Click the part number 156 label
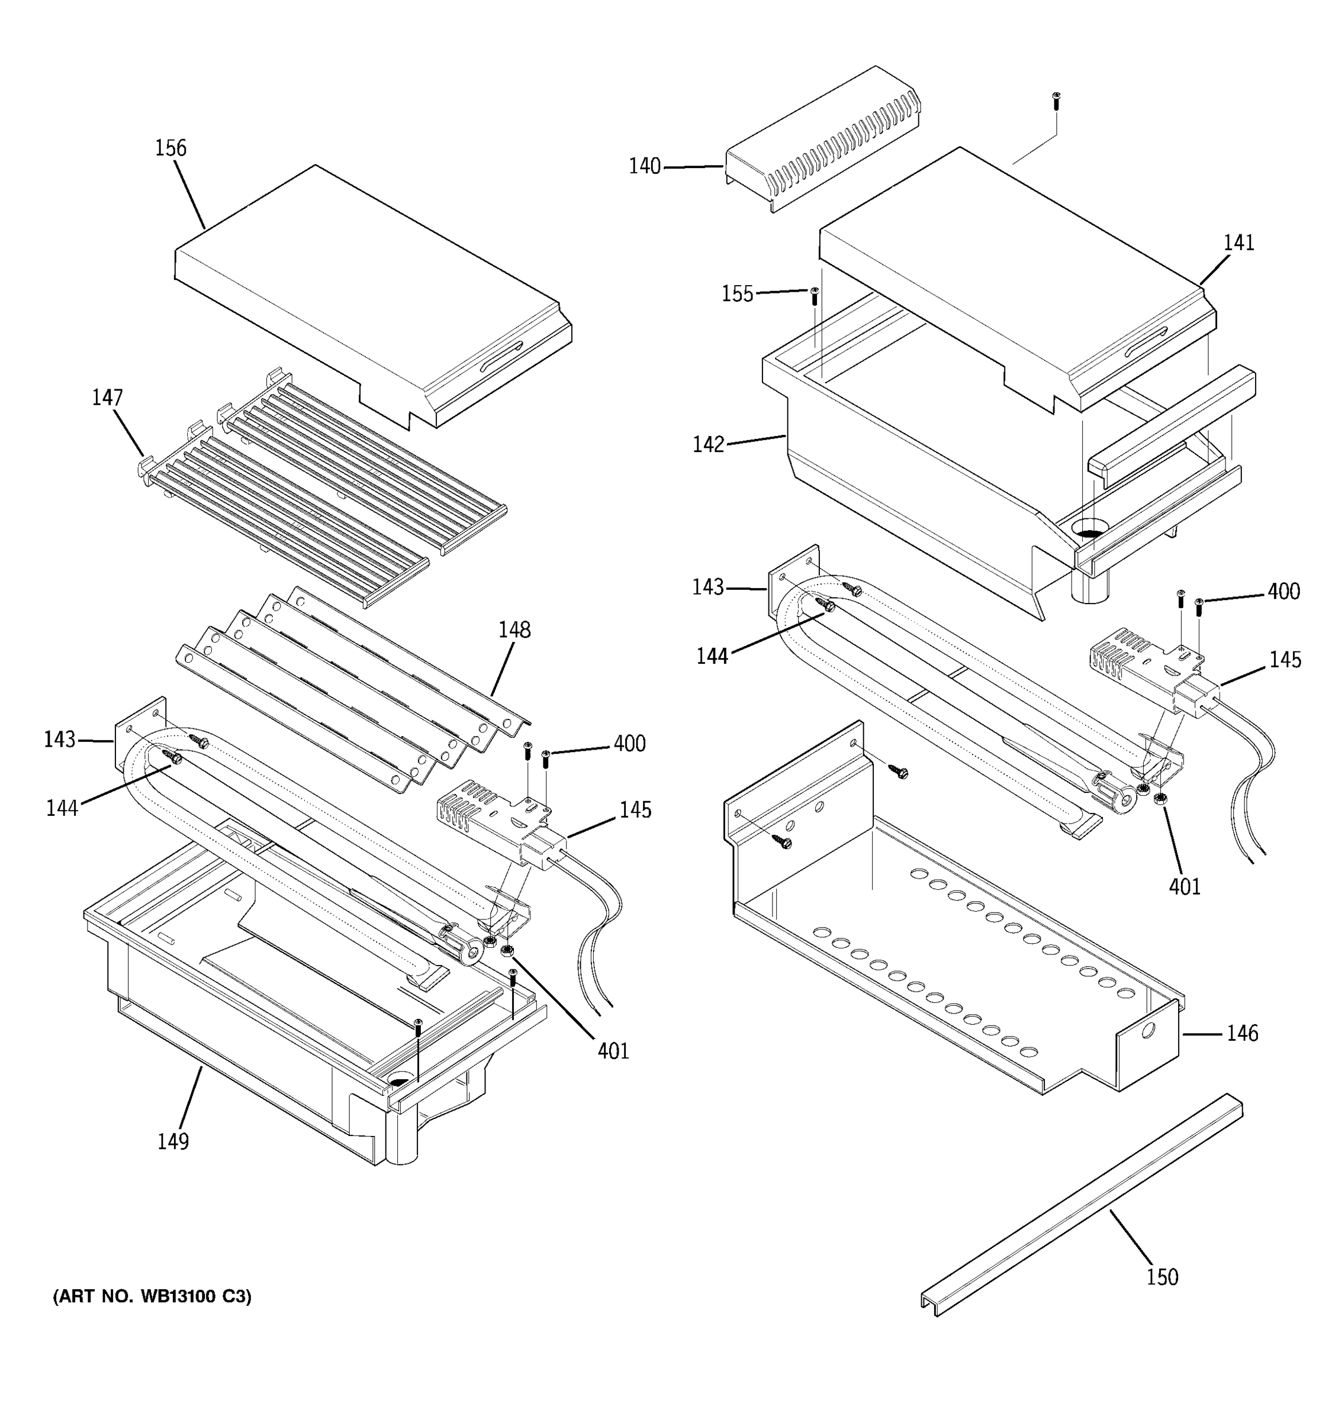point(170,149)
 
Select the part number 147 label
point(107,398)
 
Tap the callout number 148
point(514,630)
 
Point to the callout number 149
point(173,1141)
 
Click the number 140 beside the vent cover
point(645,166)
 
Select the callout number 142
point(708,444)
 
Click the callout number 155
point(738,293)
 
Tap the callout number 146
point(1242,1033)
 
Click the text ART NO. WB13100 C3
point(152,1297)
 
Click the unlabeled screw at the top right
point(1056,99)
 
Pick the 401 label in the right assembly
point(1184,886)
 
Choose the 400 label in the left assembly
point(629,744)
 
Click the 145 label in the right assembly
point(1285,660)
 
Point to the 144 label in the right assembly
point(712,656)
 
